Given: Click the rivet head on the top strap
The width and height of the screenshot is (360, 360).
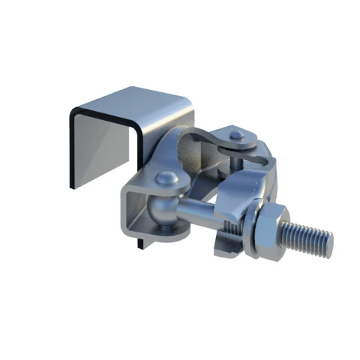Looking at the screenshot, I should pos(237,136).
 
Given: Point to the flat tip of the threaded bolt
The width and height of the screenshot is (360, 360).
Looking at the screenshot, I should pos(328,241).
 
